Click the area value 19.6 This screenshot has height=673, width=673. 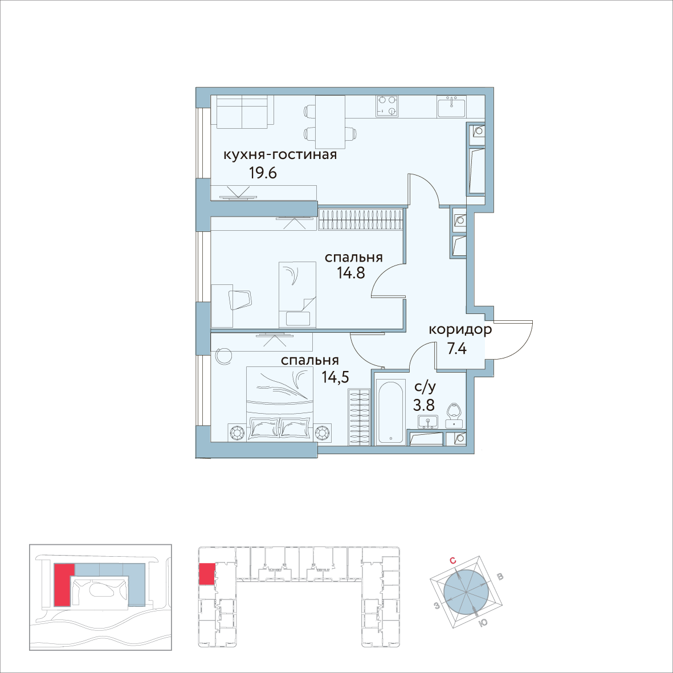[x=263, y=173]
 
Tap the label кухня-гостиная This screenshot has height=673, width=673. [x=280, y=154]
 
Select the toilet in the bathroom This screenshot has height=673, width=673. [x=454, y=413]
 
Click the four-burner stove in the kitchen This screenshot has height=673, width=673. [x=387, y=105]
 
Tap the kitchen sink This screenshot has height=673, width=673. [x=452, y=106]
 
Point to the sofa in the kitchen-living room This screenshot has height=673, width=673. [x=243, y=112]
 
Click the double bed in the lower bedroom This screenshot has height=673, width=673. [x=279, y=405]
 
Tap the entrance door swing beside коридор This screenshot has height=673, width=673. [x=514, y=341]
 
